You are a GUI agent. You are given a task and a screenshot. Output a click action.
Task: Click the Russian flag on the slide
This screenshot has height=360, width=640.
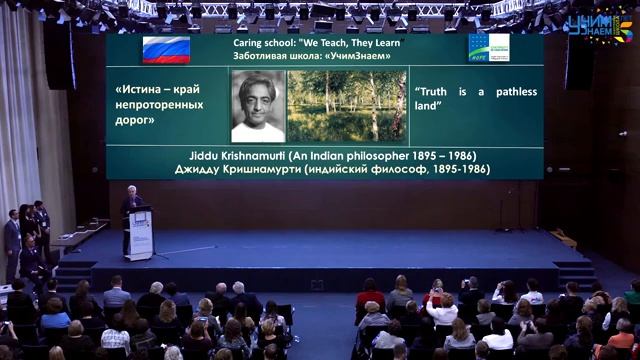coord(167,49)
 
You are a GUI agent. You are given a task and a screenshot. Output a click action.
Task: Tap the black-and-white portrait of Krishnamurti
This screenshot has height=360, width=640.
coord(258,105)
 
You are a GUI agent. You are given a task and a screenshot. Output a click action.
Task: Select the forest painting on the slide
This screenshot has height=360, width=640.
coord(346,105)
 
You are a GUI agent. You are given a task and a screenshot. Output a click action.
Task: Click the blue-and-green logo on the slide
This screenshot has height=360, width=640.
coord(489,47)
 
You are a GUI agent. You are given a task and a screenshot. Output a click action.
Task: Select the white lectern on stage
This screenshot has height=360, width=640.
coord(139,233)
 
